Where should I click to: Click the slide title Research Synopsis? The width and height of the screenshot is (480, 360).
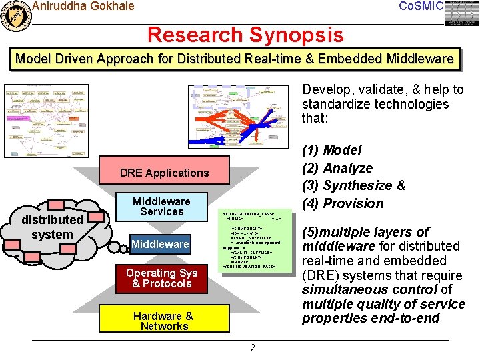pyautogui.click(x=245, y=34)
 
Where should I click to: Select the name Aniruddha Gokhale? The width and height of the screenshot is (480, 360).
pyautogui.click(x=83, y=6)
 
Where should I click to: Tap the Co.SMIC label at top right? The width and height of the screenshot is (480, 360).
pyautogui.click(x=420, y=6)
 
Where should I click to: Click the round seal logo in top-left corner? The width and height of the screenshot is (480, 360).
pyautogui.click(x=16, y=15)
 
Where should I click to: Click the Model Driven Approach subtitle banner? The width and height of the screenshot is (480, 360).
pyautogui.click(x=234, y=59)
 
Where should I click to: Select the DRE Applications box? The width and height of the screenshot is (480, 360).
pyautogui.click(x=164, y=173)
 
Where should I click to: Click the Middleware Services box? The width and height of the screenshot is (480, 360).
pyautogui.click(x=161, y=207)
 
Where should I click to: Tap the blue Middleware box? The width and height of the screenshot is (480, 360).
pyautogui.click(x=160, y=244)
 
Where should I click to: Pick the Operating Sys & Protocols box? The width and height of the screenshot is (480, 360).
pyautogui.click(x=161, y=278)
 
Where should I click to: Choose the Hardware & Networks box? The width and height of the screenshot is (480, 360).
pyautogui.click(x=163, y=321)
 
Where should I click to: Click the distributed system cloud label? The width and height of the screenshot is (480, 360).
pyautogui.click(x=51, y=227)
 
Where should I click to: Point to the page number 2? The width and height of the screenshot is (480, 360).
pyautogui.click(x=252, y=348)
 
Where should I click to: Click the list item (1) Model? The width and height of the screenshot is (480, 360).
pyautogui.click(x=332, y=150)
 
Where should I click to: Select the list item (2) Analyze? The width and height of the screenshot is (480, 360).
pyautogui.click(x=337, y=168)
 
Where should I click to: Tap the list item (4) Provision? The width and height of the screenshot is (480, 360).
pyautogui.click(x=343, y=203)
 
